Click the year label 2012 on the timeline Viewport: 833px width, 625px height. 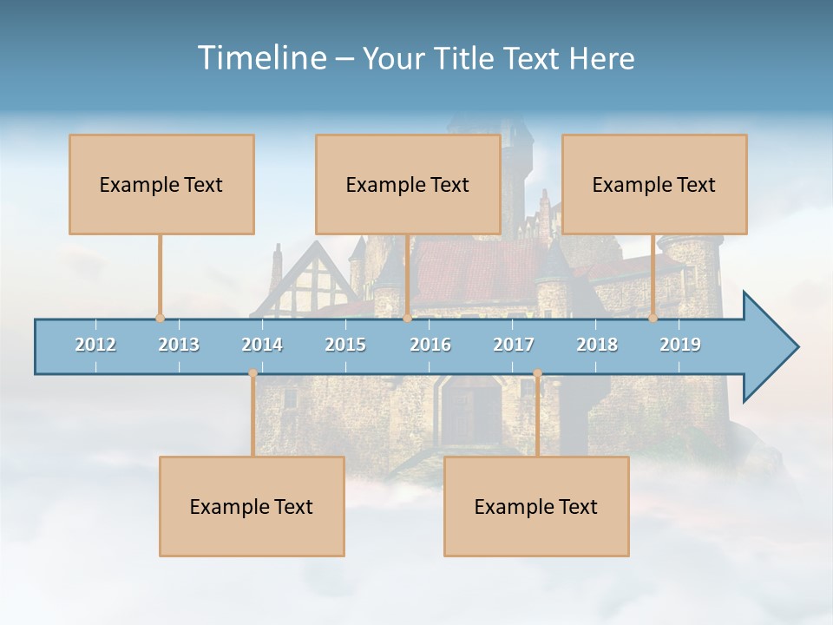click(x=95, y=345)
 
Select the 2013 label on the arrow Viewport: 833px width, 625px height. click(x=179, y=345)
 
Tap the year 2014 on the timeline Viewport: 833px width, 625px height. click(x=262, y=345)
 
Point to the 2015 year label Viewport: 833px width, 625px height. click(x=345, y=345)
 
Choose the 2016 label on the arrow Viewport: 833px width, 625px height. click(x=430, y=345)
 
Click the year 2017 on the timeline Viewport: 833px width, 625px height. click(x=514, y=345)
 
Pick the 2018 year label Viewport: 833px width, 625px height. click(x=597, y=345)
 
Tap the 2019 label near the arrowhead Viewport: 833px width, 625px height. click(x=680, y=345)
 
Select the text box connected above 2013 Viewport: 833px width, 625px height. click(x=161, y=184)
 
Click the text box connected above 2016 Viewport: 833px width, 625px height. click(x=408, y=184)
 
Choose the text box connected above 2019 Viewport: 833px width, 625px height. click(x=654, y=184)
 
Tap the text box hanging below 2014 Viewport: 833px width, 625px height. click(x=252, y=506)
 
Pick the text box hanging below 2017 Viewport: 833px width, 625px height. click(x=536, y=506)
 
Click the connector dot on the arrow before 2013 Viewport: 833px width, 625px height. click(x=160, y=319)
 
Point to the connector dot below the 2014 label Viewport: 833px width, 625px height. click(x=253, y=373)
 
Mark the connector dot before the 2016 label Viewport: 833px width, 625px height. click(x=407, y=319)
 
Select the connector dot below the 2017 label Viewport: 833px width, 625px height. click(x=537, y=373)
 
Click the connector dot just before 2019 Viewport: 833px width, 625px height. click(x=653, y=319)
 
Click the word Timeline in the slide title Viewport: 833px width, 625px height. click(x=260, y=58)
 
